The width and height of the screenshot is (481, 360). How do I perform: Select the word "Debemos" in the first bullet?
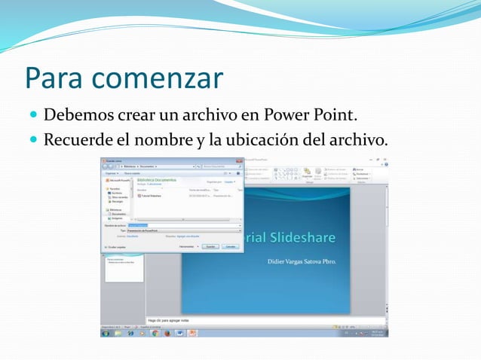pos(78,117)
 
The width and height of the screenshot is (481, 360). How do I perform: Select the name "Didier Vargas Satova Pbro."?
pos(302,261)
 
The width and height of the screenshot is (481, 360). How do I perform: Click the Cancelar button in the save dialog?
pos(231,246)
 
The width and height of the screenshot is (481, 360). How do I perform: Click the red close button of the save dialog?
pos(239,160)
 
